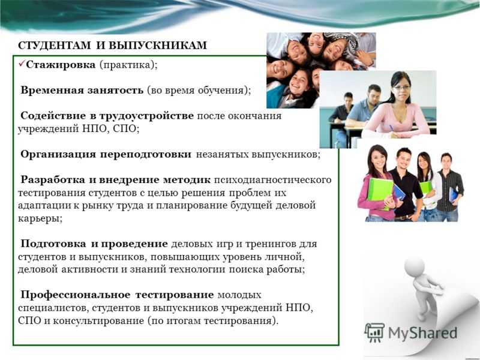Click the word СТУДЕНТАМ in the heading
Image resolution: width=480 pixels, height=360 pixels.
coord(55,46)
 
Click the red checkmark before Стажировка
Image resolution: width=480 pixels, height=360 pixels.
coord(22,64)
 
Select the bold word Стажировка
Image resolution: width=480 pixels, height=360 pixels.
coord(61,65)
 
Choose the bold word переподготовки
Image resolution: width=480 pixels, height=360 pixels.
coord(146,155)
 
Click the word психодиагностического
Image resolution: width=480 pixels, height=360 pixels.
coord(273,180)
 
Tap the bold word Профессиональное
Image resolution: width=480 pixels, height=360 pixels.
coord(76,295)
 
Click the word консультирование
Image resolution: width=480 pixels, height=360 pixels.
coord(99,321)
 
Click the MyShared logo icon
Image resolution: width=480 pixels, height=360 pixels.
coord(374,332)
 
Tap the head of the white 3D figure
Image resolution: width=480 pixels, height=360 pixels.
coord(415,267)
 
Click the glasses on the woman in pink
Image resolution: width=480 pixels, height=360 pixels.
coord(401,88)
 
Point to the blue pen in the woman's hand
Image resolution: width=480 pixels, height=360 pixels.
coord(392,128)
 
